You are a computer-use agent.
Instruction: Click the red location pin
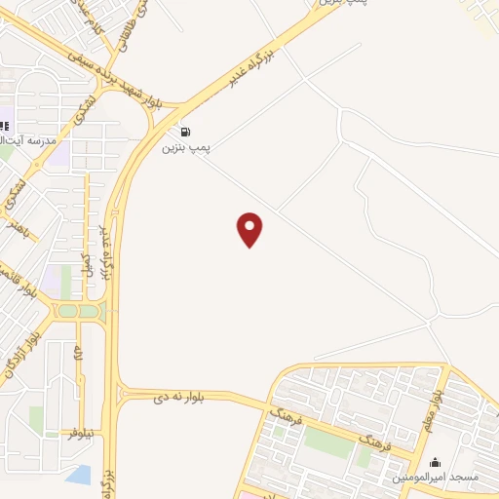coord(250,229)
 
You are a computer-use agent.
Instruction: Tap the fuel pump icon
coord(185,132)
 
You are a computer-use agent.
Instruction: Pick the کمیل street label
coord(86,266)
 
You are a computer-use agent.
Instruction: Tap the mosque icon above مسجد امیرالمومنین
coord(435,461)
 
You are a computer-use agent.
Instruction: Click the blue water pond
coord(80,476)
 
